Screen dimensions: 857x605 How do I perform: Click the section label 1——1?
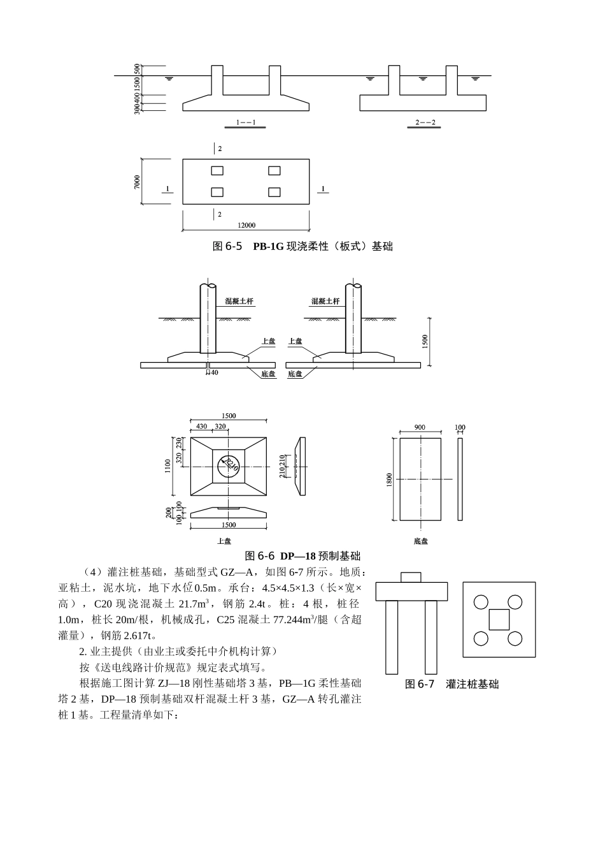[246, 122]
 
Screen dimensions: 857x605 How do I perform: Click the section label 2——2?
[425, 122]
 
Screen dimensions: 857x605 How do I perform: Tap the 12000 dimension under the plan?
[246, 225]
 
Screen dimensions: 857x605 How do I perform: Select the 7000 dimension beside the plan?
[137, 182]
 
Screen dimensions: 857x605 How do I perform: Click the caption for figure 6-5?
[302, 246]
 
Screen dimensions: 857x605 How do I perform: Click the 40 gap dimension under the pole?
[215, 372]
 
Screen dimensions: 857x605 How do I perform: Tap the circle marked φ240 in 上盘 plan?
[228, 465]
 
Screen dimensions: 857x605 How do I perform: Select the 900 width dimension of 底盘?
[420, 427]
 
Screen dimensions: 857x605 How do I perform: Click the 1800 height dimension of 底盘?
[388, 480]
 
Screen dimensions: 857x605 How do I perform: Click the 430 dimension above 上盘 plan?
[201, 426]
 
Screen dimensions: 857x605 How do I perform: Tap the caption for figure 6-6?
[302, 555]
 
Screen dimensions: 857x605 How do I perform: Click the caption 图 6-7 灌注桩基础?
[452, 684]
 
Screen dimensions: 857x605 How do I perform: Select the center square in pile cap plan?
[499, 619]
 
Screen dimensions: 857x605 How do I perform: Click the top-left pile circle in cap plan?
[481, 601]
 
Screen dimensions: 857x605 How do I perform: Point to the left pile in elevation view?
[392, 636]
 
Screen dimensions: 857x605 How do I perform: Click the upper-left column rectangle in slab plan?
[217, 170]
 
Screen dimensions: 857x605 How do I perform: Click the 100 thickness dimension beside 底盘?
[460, 427]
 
